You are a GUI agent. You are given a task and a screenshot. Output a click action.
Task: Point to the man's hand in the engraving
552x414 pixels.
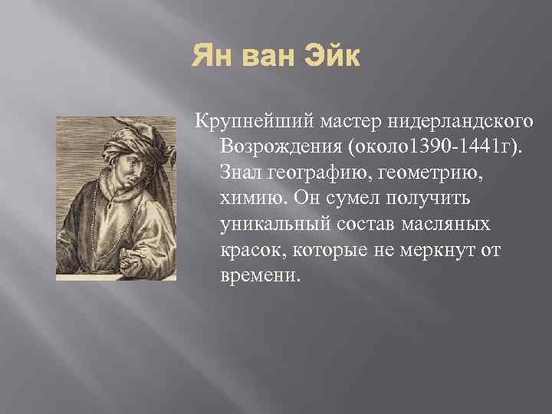(146, 257)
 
